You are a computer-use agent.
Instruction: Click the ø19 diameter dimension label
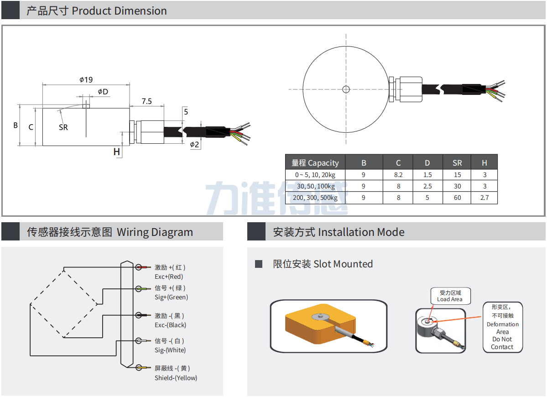pyautogui.click(x=86, y=80)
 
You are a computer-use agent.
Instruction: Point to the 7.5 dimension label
pyautogui.click(x=146, y=101)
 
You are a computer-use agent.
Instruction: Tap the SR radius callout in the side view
pyautogui.click(x=63, y=127)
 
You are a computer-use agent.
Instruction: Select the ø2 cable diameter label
pyautogui.click(x=194, y=145)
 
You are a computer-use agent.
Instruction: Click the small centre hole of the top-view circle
pyautogui.click(x=346, y=89)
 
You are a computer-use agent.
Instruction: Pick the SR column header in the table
pyautogui.click(x=457, y=163)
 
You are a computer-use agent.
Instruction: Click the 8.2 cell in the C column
pyautogui.click(x=398, y=175)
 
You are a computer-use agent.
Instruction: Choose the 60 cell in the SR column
pyautogui.click(x=457, y=198)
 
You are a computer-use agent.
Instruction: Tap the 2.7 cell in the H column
pyautogui.click(x=484, y=198)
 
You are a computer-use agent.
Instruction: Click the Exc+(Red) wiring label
pyautogui.click(x=169, y=277)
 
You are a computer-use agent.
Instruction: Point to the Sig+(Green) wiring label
pyautogui.click(x=171, y=297)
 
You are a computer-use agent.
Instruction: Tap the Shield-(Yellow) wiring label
pyautogui.click(x=176, y=378)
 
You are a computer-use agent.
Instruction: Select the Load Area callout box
pyautogui.click(x=450, y=296)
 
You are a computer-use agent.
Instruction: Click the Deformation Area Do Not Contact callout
pyautogui.click(x=502, y=328)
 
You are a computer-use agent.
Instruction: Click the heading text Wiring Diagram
pyautogui.click(x=155, y=232)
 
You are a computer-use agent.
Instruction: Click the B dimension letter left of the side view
pyautogui.click(x=16, y=125)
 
